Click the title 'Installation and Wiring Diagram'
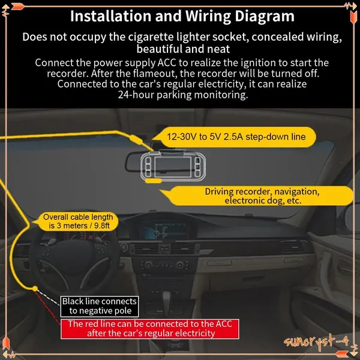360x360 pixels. tap(182, 17)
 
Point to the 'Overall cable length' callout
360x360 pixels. tap(77, 221)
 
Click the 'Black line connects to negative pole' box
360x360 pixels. tap(100, 306)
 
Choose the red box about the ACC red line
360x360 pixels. tap(150, 329)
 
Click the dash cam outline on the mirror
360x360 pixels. tap(173, 166)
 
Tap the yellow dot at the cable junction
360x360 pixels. tap(35, 289)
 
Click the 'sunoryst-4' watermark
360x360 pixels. tap(316, 341)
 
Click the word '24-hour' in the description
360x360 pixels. tap(136, 94)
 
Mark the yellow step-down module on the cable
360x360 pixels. tap(136, 140)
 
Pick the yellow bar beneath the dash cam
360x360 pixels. tap(154, 181)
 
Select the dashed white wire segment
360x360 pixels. tap(49, 298)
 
